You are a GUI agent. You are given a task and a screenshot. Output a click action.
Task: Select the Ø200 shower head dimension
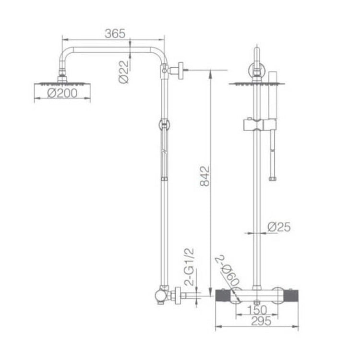pyautogui.click(x=62, y=94)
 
